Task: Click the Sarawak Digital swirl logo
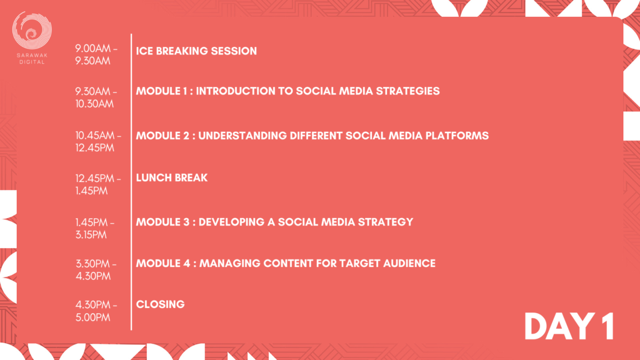click(x=32, y=30)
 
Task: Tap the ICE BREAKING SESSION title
click(x=196, y=51)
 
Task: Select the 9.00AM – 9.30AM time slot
click(x=96, y=55)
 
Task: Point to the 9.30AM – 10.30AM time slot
click(x=96, y=97)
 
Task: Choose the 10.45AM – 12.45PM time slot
click(x=98, y=142)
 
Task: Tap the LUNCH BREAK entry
click(x=172, y=177)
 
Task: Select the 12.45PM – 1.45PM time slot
click(x=98, y=184)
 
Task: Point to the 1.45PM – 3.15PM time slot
click(x=95, y=229)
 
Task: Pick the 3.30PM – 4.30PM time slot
click(x=96, y=270)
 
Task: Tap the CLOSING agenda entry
click(x=161, y=304)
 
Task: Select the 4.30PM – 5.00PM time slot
click(x=96, y=311)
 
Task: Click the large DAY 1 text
click(x=569, y=326)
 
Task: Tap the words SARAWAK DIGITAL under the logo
click(x=32, y=58)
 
